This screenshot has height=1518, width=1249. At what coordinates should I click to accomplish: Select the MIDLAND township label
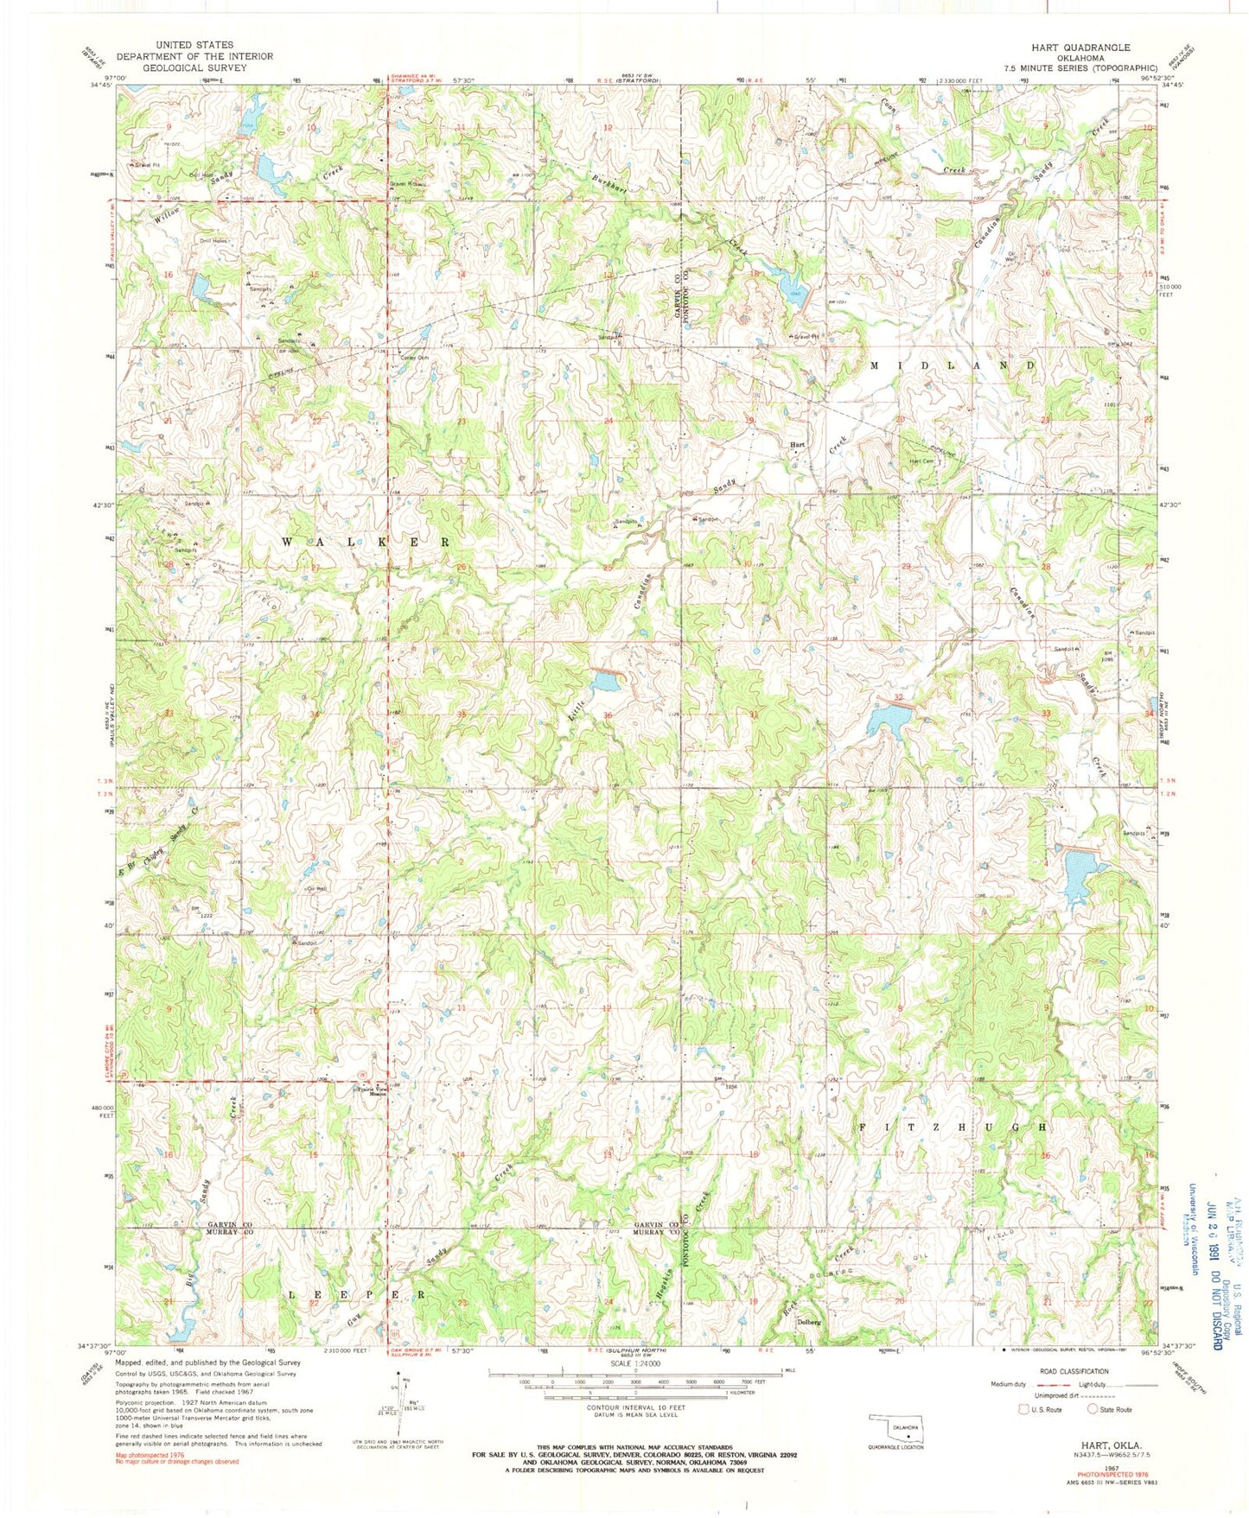tap(953, 365)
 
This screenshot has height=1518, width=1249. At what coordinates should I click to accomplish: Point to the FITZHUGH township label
tap(953, 1127)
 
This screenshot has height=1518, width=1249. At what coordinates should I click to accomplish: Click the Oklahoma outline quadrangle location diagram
tap(895, 1426)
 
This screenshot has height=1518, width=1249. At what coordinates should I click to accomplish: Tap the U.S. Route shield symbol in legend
tap(1024, 1409)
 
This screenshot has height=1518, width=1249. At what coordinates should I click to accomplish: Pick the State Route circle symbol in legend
tap(1093, 1409)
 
